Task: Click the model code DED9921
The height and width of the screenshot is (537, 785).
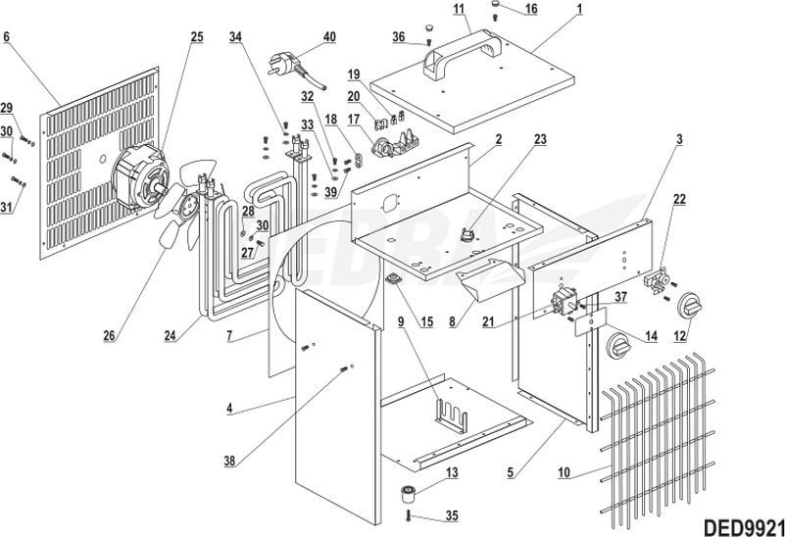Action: tap(741, 523)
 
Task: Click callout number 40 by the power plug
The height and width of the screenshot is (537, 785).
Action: tap(328, 37)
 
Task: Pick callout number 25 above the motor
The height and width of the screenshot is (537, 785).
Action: tap(197, 37)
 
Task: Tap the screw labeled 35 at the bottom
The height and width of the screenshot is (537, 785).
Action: tap(407, 515)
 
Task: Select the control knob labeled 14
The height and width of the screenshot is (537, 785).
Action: tap(619, 345)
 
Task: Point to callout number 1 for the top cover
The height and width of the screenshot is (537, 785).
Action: tap(579, 9)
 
